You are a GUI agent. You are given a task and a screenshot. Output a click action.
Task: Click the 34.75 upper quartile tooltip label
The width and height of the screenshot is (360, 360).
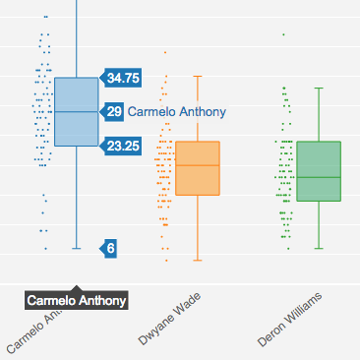(123, 78)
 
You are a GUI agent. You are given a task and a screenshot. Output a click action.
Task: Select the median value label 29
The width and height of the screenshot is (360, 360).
(115, 112)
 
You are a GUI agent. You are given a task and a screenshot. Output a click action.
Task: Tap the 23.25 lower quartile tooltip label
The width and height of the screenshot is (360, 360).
(123, 146)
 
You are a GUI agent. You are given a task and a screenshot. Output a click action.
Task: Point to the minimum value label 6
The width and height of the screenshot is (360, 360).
(110, 249)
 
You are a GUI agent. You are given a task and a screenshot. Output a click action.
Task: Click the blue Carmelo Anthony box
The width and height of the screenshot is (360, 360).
(76, 128)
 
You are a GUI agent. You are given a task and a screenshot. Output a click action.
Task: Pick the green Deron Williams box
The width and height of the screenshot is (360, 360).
(318, 187)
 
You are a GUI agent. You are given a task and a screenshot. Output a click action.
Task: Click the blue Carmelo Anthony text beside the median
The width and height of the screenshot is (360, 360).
(177, 112)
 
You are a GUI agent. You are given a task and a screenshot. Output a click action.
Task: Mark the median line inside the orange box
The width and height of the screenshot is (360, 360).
(198, 164)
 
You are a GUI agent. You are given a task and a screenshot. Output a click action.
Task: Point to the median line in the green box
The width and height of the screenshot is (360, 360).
(318, 177)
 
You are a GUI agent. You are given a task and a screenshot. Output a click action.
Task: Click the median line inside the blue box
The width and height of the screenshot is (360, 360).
(76, 112)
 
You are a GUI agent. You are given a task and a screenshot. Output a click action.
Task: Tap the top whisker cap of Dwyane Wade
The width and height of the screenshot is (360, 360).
(198, 76)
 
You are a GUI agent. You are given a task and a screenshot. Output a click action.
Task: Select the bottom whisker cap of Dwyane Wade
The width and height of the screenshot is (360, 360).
(198, 261)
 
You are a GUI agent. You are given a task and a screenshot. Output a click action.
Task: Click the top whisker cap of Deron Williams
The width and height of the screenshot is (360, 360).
(318, 88)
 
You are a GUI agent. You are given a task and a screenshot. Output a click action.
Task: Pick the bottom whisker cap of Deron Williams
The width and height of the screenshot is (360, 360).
(318, 249)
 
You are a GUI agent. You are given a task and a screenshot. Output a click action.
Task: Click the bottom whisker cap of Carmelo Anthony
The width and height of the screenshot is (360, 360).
(76, 249)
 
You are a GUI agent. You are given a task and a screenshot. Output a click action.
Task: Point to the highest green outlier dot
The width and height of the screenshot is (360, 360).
(283, 34)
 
